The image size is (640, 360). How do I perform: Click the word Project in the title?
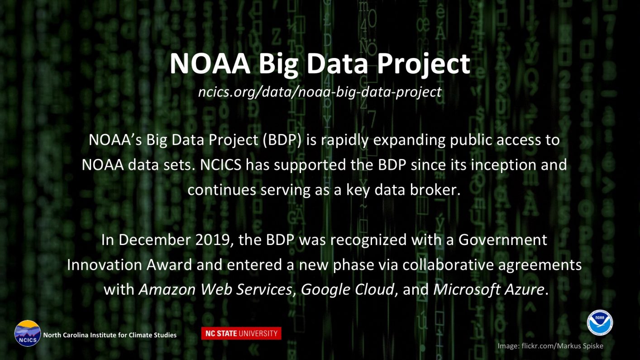[x=424, y=65]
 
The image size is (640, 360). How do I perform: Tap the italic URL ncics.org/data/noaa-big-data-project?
[x=320, y=92]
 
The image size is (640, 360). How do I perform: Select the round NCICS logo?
[x=28, y=333]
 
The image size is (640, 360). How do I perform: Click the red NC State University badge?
[x=241, y=333]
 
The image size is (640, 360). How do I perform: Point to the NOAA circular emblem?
[x=600, y=322]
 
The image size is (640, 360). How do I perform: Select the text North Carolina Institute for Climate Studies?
[x=110, y=335]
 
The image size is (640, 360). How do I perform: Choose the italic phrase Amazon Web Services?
[x=215, y=289]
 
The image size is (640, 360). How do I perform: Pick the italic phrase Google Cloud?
[x=348, y=290]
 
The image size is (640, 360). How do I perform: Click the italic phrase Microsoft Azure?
[x=488, y=289]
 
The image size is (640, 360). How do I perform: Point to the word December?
[x=155, y=240]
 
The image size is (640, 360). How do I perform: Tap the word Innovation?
[x=104, y=265]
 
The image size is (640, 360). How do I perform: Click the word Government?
[x=502, y=240]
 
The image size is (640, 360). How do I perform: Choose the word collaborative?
[x=448, y=265]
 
